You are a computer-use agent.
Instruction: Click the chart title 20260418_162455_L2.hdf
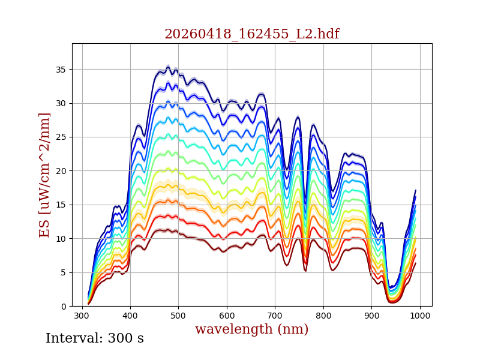252,34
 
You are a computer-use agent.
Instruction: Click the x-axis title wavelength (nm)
251,329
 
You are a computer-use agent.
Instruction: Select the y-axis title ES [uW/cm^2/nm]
44,175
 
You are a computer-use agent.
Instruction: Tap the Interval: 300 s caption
95,338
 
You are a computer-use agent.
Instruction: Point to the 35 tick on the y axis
61,70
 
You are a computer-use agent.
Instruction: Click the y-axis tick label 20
61,171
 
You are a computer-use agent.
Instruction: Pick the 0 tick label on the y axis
64,307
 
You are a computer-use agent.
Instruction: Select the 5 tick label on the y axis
64,272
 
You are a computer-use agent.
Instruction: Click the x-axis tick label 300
82,316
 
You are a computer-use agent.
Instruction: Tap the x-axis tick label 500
178,316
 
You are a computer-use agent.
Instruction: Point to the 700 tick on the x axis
275,316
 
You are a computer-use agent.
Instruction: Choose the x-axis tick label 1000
420,316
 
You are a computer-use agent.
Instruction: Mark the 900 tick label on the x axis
371,316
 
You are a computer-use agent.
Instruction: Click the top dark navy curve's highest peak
168,67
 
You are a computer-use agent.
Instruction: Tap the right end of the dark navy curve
416,190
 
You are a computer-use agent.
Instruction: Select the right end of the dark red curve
416,263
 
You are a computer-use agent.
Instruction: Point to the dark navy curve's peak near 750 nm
298,117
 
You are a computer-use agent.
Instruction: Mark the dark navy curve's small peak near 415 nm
139,125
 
